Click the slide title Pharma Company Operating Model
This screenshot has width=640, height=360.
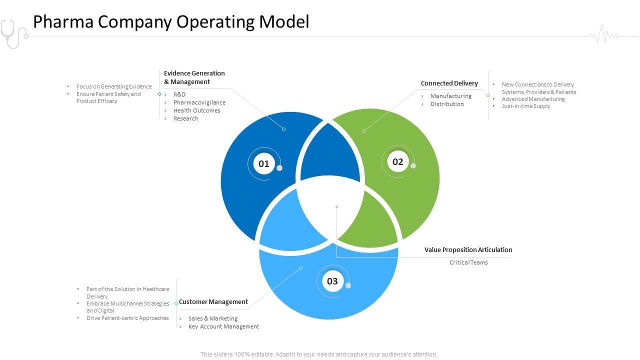171,22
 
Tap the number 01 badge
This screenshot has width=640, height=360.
264,163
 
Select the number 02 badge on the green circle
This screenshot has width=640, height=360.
397,162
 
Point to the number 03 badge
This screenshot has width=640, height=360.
332,281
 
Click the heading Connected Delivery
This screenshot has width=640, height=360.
449,83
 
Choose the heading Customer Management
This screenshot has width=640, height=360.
213,302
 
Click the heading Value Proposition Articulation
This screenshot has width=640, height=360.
468,250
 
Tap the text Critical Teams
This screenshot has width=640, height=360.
468,262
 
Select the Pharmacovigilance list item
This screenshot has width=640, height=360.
199,102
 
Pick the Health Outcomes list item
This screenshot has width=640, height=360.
196,110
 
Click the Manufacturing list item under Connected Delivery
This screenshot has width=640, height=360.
450,96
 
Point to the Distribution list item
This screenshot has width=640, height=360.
447,104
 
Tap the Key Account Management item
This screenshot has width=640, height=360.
223,326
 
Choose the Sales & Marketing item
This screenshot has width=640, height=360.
213,318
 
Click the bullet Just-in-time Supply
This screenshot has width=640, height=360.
526,106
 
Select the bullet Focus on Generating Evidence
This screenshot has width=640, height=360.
113,86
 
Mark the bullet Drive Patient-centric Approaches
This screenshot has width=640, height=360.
127,318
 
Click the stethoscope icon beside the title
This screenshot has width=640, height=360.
13,33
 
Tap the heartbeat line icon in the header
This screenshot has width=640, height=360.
604,35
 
